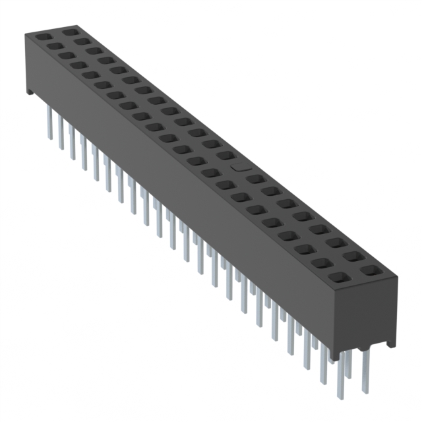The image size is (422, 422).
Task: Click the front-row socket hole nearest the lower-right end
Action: point(340,278)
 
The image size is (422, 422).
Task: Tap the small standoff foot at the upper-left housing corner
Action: point(30,90)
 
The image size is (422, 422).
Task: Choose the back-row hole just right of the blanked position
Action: point(256,179)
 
